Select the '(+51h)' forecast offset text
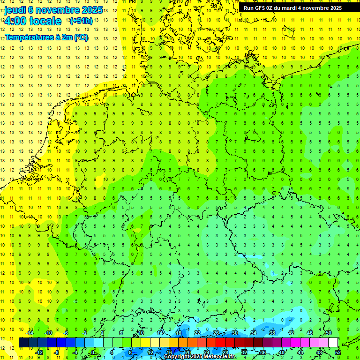(x=81, y=21)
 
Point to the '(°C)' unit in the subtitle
(x=80, y=37)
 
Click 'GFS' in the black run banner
(x=260, y=8)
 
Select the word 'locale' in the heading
(x=45, y=21)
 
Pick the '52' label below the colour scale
(x=338, y=352)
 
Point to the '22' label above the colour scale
(x=198, y=333)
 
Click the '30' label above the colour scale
(x=235, y=333)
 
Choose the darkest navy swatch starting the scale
(x=23, y=343)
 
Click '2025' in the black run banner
(x=335, y=8)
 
